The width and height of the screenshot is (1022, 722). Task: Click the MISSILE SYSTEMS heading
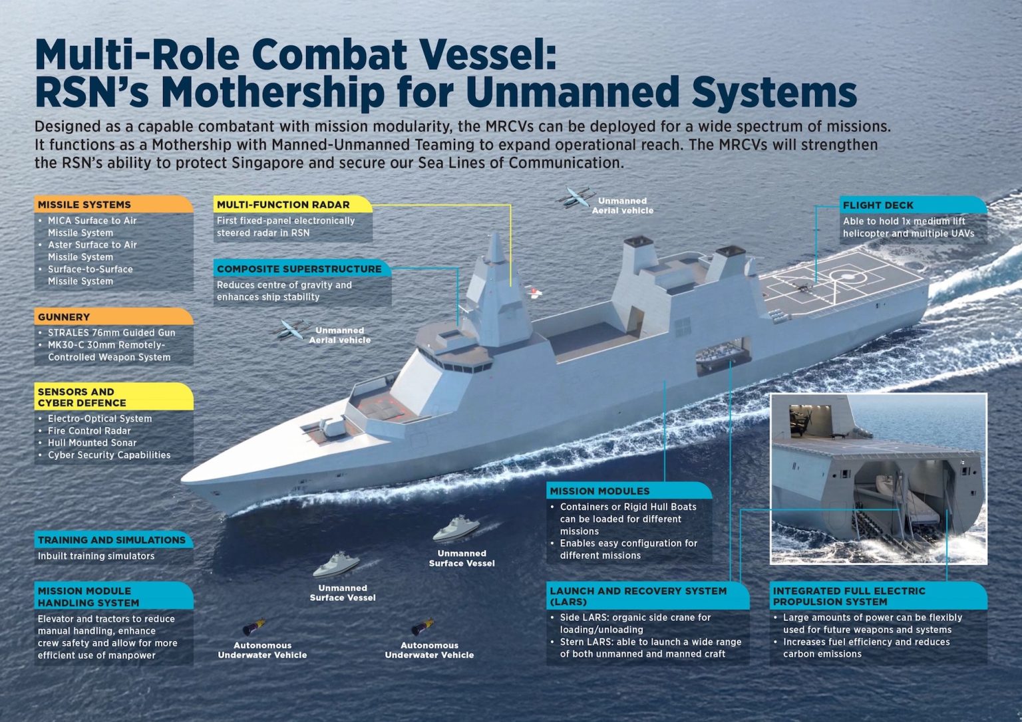85,205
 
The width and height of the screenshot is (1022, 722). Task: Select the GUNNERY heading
64,317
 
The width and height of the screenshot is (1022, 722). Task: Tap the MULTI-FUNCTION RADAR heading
283,205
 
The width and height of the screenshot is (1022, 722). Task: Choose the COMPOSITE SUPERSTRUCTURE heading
299,269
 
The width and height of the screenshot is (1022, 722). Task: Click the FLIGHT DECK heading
878,205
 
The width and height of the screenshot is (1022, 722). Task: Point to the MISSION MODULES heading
599,491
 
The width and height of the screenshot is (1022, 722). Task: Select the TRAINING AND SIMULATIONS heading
112,540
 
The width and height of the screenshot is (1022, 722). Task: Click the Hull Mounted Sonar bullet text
92,443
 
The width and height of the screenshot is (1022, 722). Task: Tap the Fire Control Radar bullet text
89,431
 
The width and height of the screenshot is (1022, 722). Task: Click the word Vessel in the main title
484,55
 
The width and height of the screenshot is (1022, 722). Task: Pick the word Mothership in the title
273,92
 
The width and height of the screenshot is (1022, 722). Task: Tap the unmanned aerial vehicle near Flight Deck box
574,197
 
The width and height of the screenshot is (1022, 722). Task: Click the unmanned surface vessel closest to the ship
456,529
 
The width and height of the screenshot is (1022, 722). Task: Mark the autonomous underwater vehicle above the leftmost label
254,627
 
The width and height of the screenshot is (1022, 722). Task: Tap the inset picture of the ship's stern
878,479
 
